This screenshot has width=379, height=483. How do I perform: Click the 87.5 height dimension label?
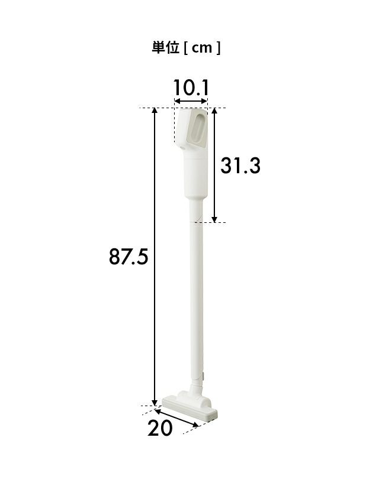129,257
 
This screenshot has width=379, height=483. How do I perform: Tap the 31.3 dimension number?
240,166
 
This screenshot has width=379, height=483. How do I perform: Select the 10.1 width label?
191,87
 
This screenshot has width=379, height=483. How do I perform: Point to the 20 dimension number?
160,428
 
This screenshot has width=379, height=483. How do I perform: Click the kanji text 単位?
165,48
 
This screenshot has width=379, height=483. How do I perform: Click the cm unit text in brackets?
202,48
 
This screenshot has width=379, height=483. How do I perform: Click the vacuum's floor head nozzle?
190,406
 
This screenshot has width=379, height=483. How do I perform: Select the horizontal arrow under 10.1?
191,101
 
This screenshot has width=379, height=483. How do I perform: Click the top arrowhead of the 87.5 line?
155,111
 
